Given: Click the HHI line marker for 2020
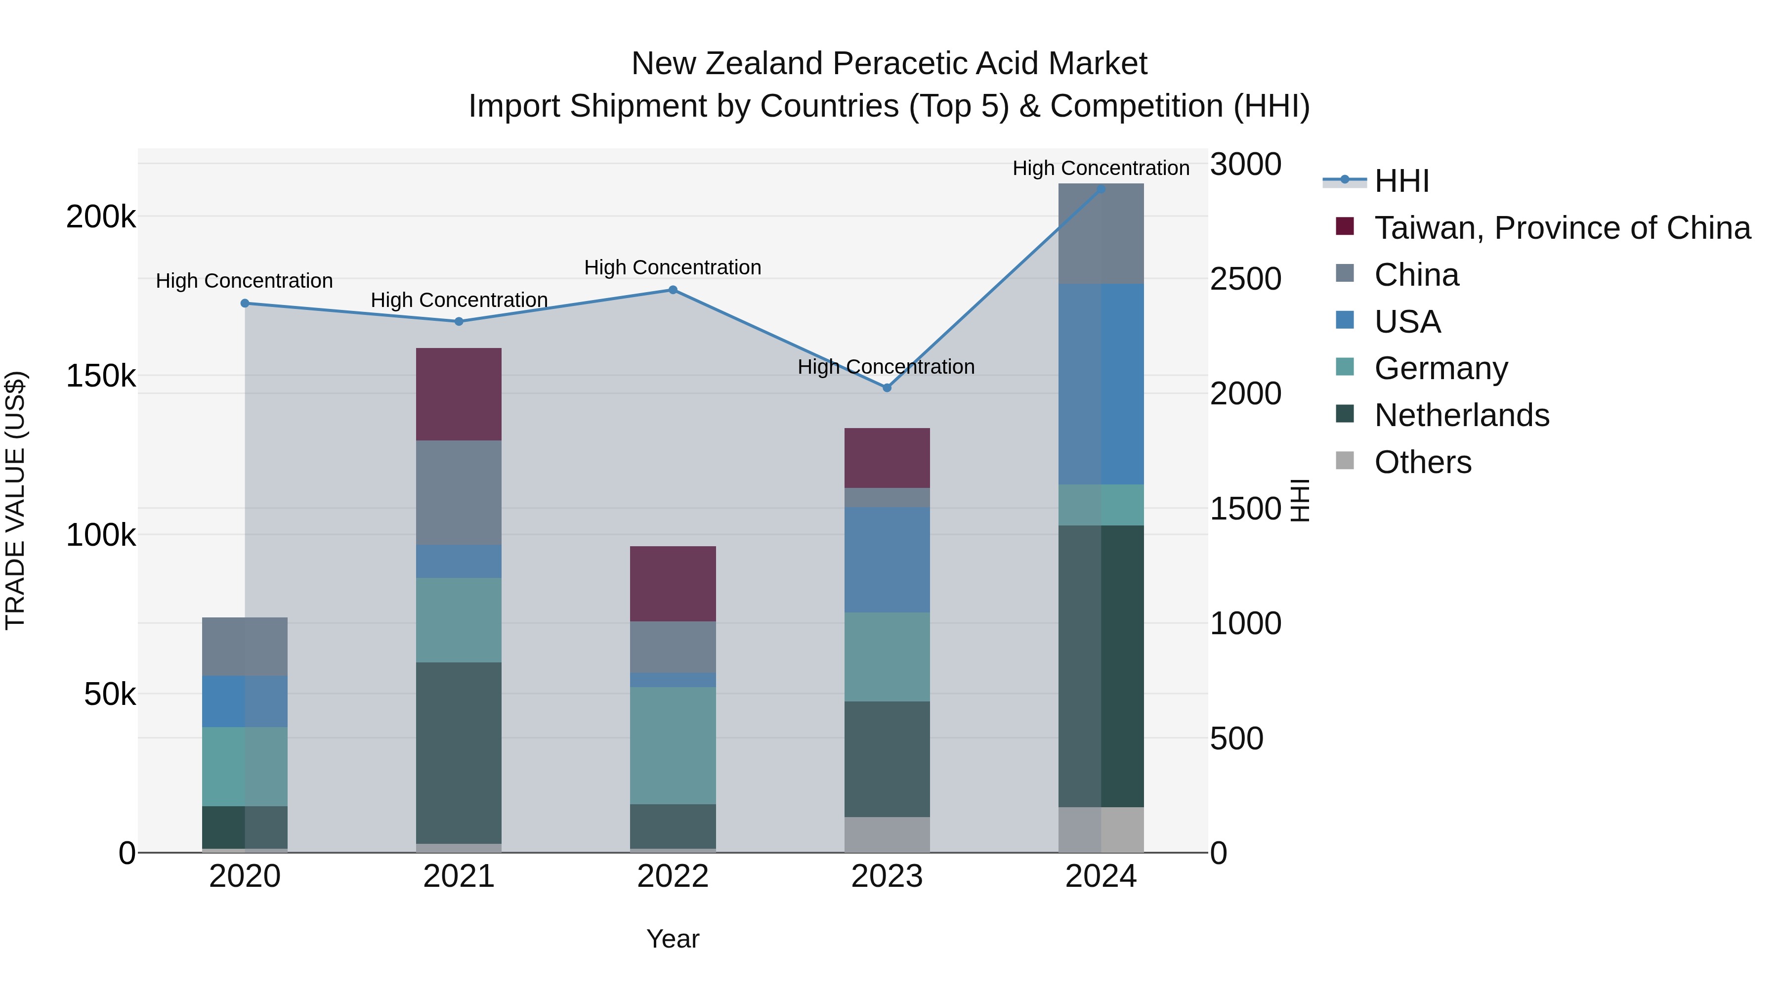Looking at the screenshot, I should (x=245, y=304).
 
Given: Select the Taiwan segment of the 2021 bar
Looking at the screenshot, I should (x=459, y=394).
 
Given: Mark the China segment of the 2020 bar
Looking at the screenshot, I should (x=245, y=647).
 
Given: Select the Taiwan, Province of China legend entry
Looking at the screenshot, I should (x=1562, y=228).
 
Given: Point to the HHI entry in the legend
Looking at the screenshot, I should (x=1401, y=181).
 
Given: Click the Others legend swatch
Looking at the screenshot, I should (x=1345, y=460).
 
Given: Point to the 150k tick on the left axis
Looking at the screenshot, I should (x=101, y=377).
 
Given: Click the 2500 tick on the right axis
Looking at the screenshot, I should (x=1245, y=279).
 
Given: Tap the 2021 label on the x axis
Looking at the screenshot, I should (x=459, y=876).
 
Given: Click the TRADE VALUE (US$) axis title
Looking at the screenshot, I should (x=15, y=500).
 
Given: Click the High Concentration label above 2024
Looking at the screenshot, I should (x=1101, y=168).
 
